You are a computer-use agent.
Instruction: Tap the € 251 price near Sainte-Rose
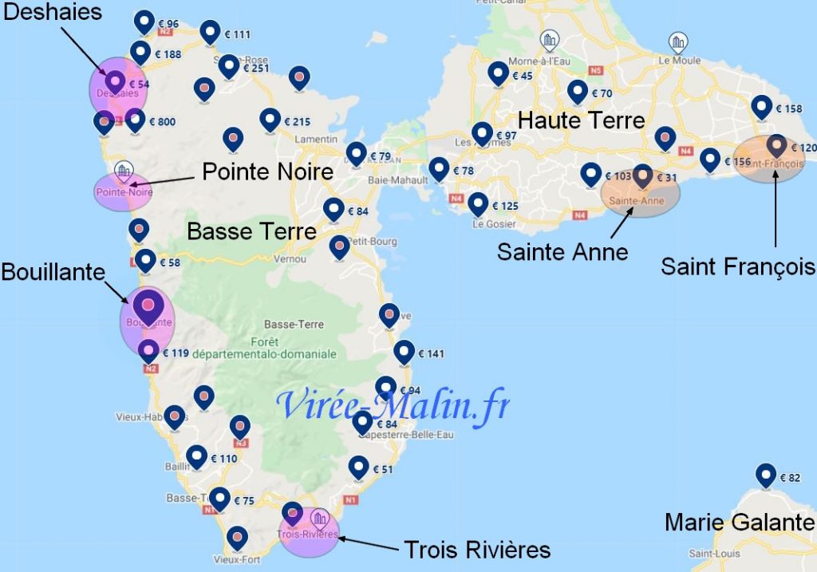(255, 69)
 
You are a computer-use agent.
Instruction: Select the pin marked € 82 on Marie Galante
(766, 475)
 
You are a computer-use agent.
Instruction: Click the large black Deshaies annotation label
(53, 13)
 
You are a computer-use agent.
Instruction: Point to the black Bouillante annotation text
(53, 272)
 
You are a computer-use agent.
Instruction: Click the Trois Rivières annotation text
(477, 550)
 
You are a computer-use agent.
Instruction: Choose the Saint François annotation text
(738, 266)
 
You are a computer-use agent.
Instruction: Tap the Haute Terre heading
(581, 120)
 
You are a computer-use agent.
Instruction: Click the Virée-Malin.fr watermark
(393, 404)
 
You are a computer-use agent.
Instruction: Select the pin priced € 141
(405, 352)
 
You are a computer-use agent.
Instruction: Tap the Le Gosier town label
(490, 224)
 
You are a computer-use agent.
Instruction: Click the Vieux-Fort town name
(233, 560)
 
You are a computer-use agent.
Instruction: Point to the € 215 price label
(297, 122)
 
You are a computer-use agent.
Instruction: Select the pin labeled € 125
(478, 204)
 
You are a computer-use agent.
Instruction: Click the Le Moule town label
(679, 61)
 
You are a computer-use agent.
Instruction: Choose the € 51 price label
(384, 470)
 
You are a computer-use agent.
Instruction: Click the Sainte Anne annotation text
(562, 252)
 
